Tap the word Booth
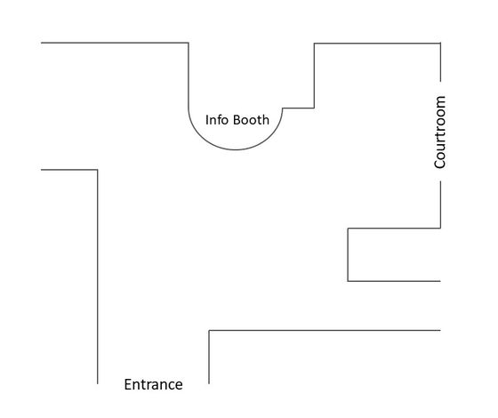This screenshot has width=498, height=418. click(251, 120)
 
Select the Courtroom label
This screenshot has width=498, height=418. click(440, 132)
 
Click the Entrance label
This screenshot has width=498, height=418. click(153, 384)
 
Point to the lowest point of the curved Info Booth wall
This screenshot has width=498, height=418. click(236, 149)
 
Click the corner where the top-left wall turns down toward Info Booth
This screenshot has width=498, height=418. click(189, 43)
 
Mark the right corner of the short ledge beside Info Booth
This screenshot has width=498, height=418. click(314, 108)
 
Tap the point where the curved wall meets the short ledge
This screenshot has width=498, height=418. click(283, 108)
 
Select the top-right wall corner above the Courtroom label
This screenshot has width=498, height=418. click(440, 44)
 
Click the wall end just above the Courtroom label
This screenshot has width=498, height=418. click(440, 81)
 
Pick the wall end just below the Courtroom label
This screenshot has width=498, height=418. click(440, 181)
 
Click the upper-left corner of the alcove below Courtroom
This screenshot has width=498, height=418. click(348, 228)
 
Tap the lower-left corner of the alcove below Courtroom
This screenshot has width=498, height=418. click(348, 281)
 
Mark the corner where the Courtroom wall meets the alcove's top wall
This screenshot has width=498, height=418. click(440, 228)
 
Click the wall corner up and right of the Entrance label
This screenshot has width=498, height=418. click(209, 331)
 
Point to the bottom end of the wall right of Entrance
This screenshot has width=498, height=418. click(209, 383)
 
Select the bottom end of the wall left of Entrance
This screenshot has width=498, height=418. click(98, 383)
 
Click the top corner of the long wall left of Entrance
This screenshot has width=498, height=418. click(98, 170)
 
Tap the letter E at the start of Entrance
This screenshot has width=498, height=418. click(128, 384)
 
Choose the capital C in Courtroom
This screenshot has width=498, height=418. click(440, 164)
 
